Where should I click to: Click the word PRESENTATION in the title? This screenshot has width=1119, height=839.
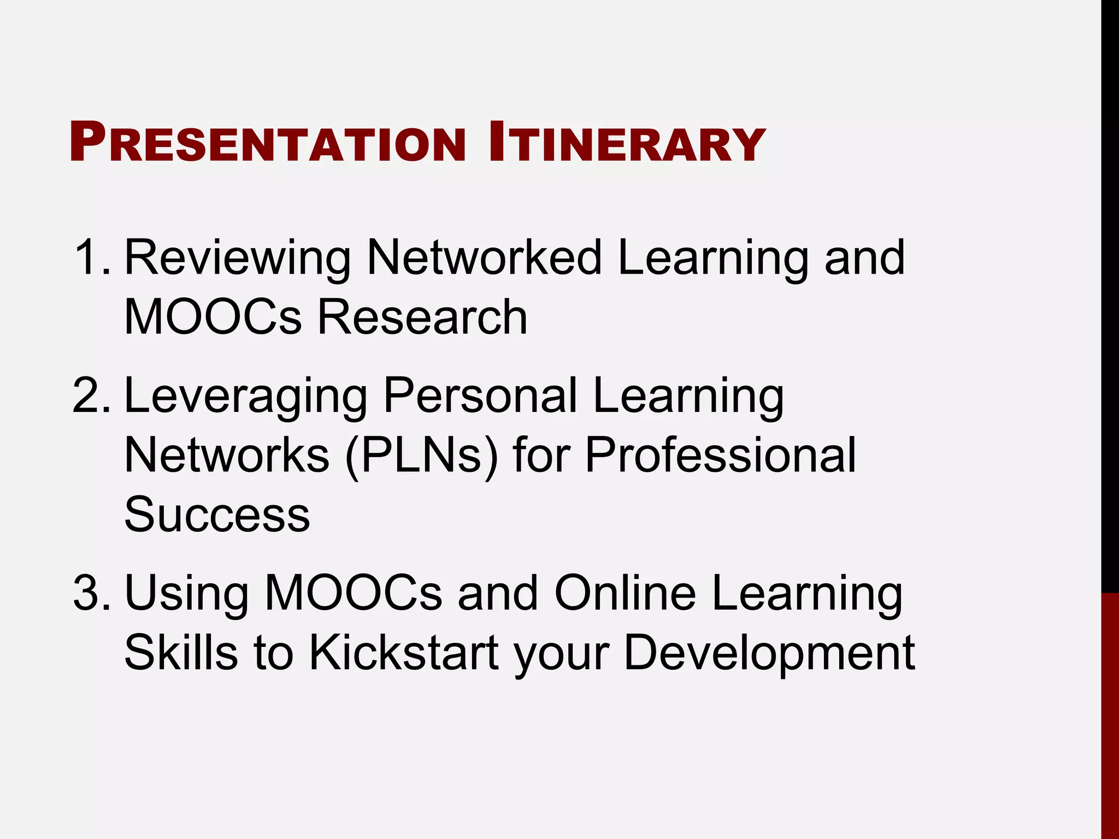pos(268,143)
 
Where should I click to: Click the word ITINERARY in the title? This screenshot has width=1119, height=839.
pos(627,143)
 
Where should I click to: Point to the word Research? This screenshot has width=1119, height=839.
pos(422,317)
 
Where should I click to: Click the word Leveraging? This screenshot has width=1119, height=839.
pos(246,396)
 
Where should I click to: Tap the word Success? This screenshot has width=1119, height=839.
pos(217,515)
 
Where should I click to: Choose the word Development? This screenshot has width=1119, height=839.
pos(769,653)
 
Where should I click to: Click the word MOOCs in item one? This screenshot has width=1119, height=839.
pos(213,317)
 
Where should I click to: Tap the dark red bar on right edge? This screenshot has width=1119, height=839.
pos(1110,716)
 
